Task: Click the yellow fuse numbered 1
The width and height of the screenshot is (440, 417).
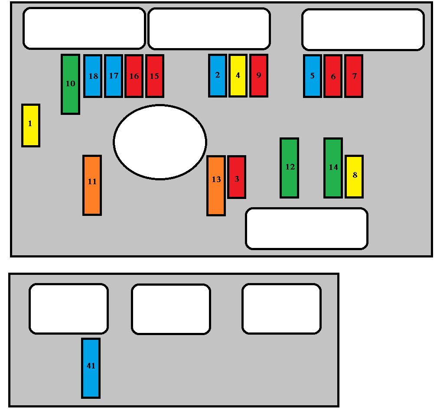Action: coord(31,125)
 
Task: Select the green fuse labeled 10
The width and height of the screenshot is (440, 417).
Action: coord(70,84)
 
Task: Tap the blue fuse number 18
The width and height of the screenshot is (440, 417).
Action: coord(93,76)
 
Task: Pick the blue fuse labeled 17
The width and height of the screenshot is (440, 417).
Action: coord(113,76)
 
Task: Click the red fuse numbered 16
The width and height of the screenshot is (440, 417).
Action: coord(134,76)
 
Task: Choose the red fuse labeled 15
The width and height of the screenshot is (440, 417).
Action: coord(154,76)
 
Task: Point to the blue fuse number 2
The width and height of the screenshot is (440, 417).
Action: coord(217,75)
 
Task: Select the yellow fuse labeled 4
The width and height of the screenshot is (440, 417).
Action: coord(238,75)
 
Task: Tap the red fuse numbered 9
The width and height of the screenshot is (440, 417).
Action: coord(258,75)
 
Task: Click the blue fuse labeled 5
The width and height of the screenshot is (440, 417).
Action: coord(312,76)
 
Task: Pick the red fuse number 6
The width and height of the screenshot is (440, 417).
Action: coord(333,76)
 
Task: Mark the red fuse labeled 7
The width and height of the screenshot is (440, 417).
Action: coord(354,76)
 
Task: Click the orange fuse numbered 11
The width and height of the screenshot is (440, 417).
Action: coord(92,185)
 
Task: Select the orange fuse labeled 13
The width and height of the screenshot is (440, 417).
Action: coord(216,186)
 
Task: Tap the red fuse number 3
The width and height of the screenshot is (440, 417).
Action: coord(237,177)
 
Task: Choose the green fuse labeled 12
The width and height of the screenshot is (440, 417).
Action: coord(289,168)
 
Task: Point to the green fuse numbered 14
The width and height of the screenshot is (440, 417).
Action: coord(333,168)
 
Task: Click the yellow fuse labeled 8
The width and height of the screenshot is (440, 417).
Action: coord(354,176)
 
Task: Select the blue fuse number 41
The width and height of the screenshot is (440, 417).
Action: coord(91,368)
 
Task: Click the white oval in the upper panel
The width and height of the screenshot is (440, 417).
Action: coord(160,142)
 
